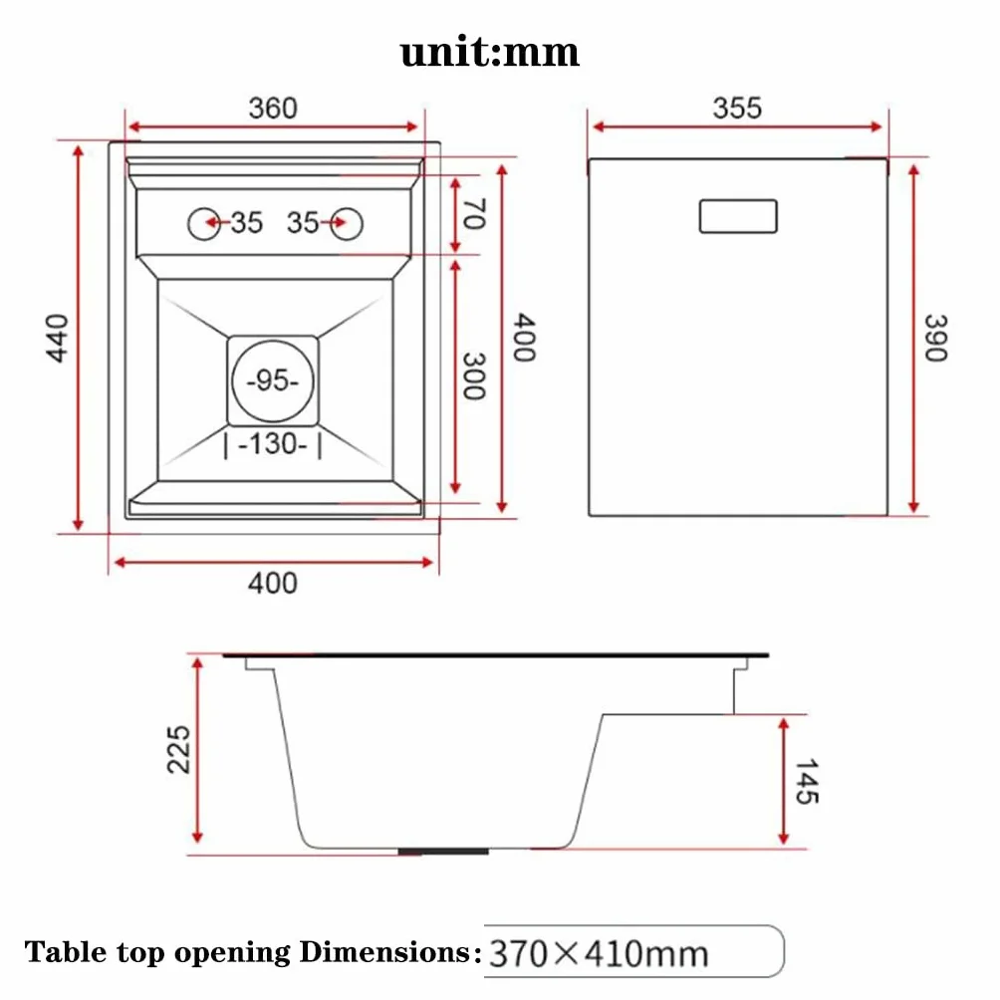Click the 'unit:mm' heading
point(490,53)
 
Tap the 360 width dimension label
point(273,108)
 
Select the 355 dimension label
point(737,108)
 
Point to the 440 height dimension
point(58,338)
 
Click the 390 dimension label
point(936,338)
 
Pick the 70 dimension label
point(474,214)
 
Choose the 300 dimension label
point(474,376)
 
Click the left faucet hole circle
point(204,224)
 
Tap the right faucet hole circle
point(347,224)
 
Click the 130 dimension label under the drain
point(273,444)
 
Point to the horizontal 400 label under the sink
point(273,583)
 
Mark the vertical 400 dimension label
point(524,338)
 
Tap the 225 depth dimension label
point(178,749)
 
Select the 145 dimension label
point(807,781)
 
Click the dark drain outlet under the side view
point(443,852)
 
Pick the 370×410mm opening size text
point(599,954)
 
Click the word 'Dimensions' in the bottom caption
point(385,951)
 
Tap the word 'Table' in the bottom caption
point(66,951)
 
